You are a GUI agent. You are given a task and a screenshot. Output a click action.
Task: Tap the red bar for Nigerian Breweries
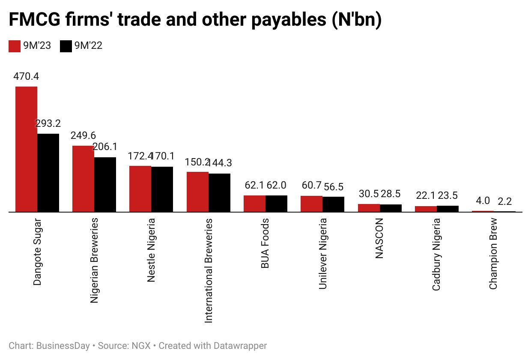tap(83, 179)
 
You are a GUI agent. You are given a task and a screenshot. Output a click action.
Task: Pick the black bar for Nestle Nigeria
tap(162, 189)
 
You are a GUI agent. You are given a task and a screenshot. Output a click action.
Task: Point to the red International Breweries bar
tap(197, 192)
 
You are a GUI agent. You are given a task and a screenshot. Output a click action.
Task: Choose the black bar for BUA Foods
tap(276, 204)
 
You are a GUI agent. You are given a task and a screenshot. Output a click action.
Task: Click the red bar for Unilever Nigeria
tap(311, 204)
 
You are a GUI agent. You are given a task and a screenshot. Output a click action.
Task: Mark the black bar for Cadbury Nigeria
tap(447, 209)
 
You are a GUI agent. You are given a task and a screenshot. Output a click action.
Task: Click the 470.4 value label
tap(27, 77)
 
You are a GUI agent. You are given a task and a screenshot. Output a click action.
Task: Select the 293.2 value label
tap(48, 124)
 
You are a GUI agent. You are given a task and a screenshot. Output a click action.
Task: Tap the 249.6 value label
tap(83, 136)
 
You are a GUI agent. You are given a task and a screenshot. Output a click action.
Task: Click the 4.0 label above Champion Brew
tap(483, 201)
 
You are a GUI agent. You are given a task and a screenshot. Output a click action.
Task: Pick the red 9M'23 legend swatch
tap(15, 46)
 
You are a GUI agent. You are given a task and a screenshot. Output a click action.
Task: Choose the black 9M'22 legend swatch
tap(66, 46)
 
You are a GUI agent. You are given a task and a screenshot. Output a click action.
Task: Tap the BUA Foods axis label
tap(265, 243)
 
